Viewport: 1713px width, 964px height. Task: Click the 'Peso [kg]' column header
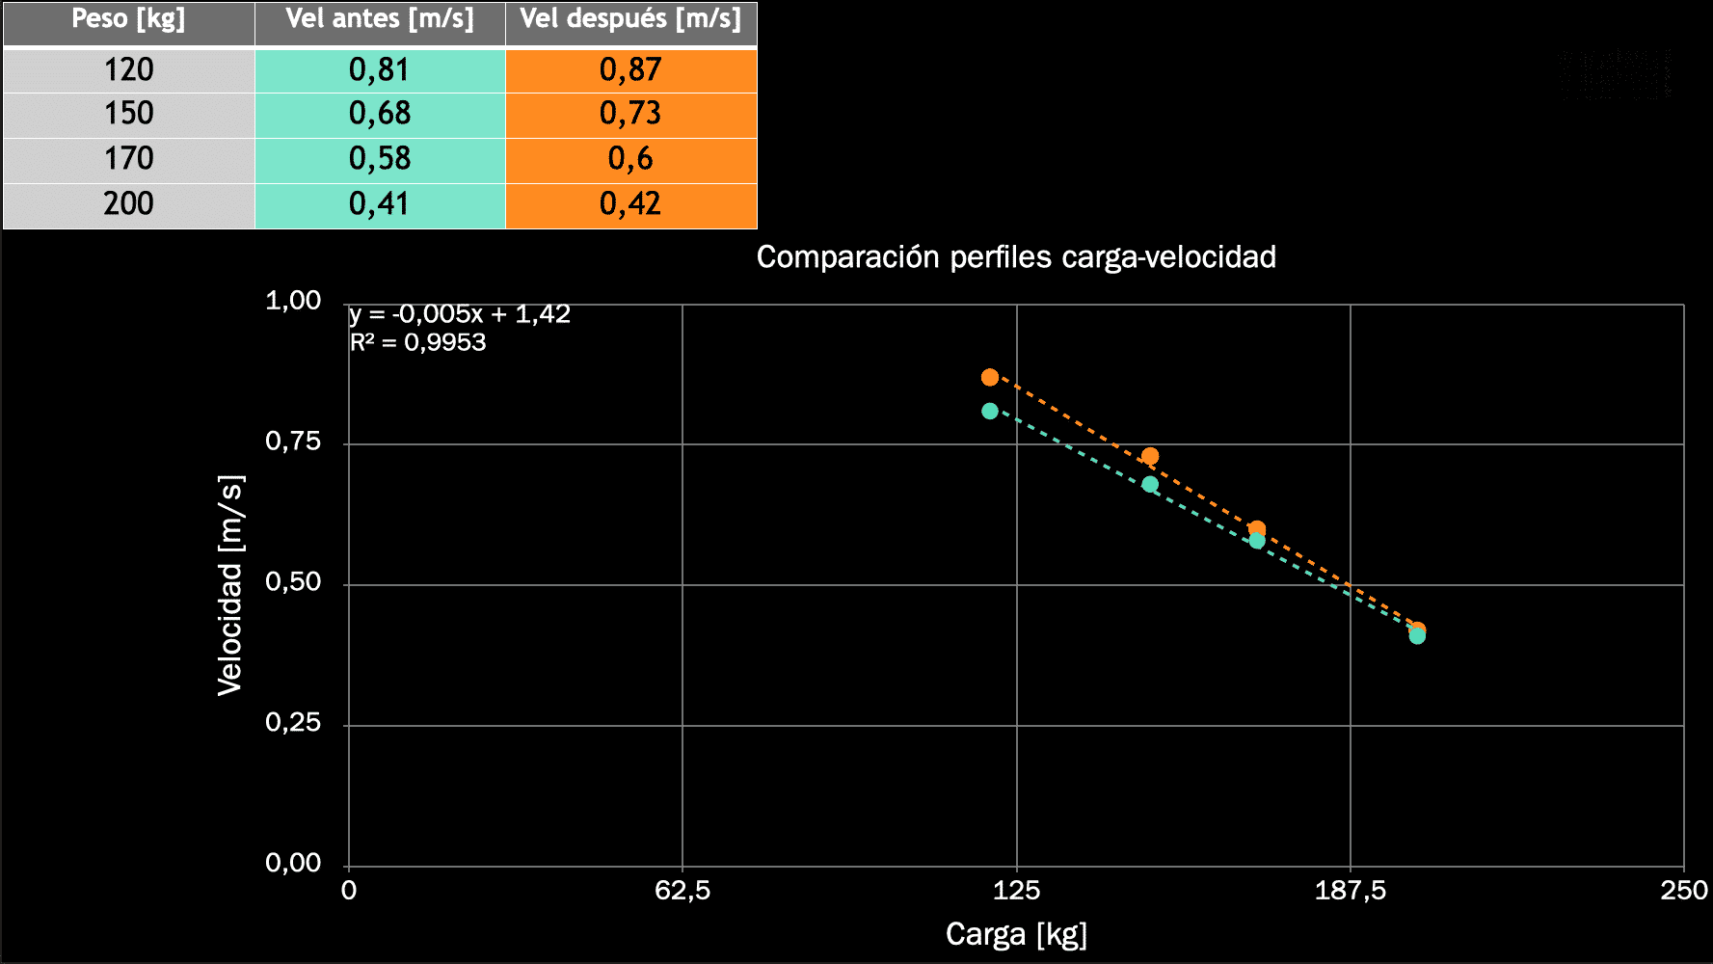(x=128, y=20)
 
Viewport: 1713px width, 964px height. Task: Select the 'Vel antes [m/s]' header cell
(x=380, y=20)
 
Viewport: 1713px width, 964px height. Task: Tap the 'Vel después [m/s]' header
(x=630, y=20)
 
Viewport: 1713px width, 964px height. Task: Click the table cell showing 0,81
(x=380, y=70)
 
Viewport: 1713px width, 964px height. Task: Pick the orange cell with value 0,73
(x=630, y=114)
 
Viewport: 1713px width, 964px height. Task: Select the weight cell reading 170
(x=128, y=159)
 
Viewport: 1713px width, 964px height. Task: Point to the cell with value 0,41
(x=380, y=204)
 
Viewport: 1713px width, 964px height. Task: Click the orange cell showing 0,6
(x=630, y=159)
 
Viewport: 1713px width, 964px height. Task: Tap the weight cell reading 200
(x=128, y=204)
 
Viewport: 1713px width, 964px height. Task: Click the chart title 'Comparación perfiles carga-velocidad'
(x=1016, y=257)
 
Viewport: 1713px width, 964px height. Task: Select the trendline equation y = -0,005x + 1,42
(x=460, y=314)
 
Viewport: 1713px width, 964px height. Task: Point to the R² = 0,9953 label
(x=417, y=342)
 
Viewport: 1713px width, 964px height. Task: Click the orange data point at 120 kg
(x=990, y=377)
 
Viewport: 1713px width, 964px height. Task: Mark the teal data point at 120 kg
(x=990, y=412)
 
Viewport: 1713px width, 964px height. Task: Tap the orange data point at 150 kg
(x=1150, y=456)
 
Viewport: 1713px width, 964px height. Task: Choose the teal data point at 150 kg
(x=1150, y=484)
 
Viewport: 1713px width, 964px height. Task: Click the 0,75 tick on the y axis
(x=293, y=442)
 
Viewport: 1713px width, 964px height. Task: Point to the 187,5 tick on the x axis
(x=1350, y=891)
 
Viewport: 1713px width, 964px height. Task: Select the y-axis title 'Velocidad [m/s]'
(x=231, y=585)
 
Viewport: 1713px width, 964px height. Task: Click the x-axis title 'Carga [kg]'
(x=1016, y=934)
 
